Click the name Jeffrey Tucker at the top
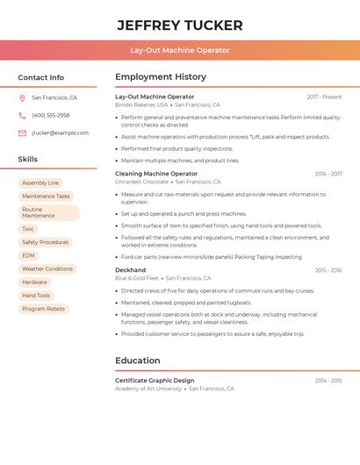[180, 25]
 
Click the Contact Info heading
[40, 77]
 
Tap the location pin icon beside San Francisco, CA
[22, 98]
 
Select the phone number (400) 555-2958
[50, 115]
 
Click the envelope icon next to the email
[22, 133]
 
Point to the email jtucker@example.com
[60, 133]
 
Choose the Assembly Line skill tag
[40, 182]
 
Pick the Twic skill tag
[28, 229]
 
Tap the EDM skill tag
[29, 255]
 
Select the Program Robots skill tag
[44, 309]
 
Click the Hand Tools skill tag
[36, 296]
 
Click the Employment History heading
[161, 77]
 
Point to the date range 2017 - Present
[324, 97]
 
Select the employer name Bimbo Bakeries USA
[141, 104]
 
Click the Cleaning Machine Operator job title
[156, 174]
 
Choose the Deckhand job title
[131, 270]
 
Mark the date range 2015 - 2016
[328, 270]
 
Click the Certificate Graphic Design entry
[155, 381]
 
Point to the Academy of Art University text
[148, 389]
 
